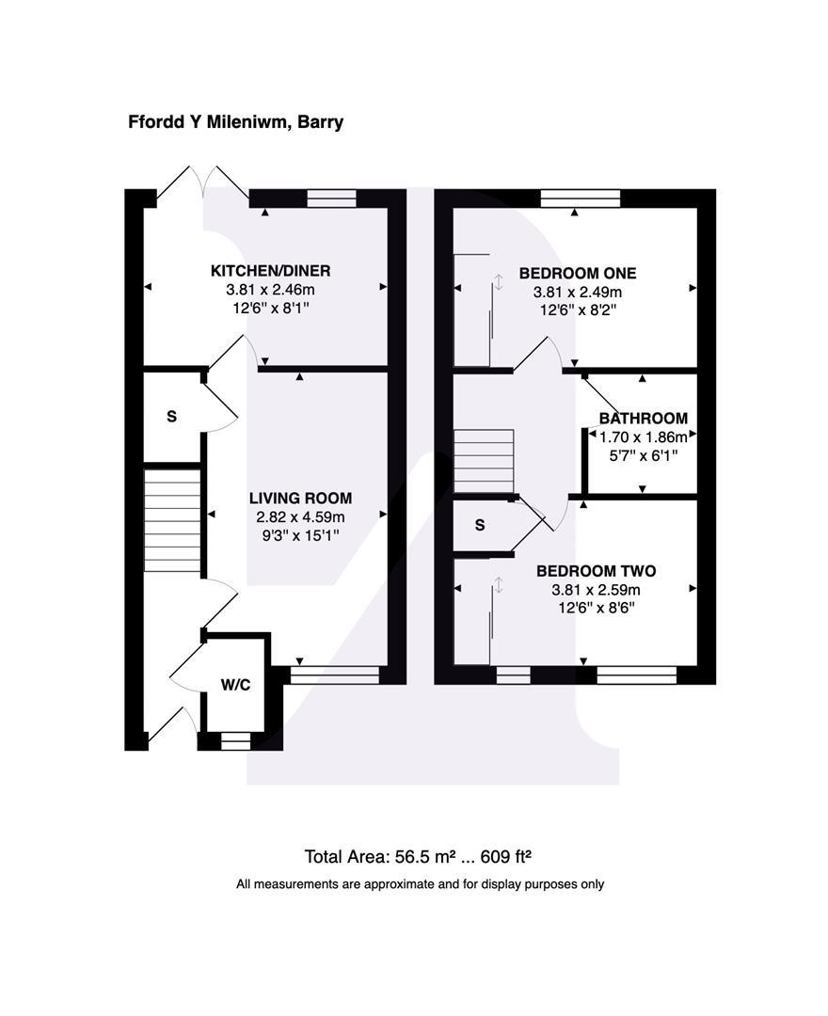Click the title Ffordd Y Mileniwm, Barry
click(x=236, y=122)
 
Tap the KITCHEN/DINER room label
click(x=270, y=271)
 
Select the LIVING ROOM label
click(x=300, y=498)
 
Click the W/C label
click(x=235, y=684)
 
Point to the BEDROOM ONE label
click(x=578, y=273)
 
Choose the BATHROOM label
click(x=644, y=419)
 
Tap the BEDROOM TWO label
click(x=596, y=571)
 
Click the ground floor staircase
click(x=172, y=520)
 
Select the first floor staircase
click(x=485, y=461)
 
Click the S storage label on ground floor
click(x=171, y=416)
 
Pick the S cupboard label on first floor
click(x=480, y=526)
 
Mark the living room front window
click(x=334, y=675)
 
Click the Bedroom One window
click(x=581, y=198)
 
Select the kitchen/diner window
click(x=332, y=198)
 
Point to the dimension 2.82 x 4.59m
click(x=300, y=517)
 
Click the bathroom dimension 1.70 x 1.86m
click(x=644, y=437)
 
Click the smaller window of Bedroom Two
click(x=512, y=675)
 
